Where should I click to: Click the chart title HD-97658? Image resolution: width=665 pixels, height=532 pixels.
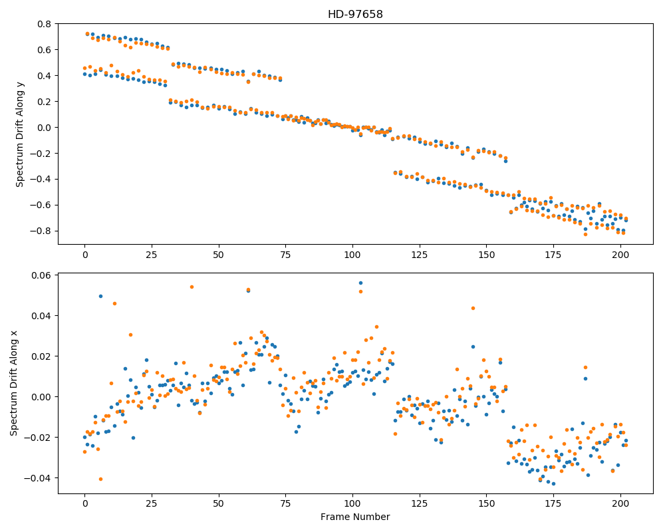tap(355, 15)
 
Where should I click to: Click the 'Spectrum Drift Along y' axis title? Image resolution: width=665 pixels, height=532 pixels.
tap(19, 134)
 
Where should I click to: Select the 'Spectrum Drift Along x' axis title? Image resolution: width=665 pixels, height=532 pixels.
tap(14, 383)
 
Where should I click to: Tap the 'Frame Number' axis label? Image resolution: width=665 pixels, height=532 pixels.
tap(355, 517)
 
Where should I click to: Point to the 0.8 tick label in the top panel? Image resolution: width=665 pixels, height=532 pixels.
tap(45, 24)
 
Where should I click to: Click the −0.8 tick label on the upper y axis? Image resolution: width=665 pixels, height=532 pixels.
tap(41, 231)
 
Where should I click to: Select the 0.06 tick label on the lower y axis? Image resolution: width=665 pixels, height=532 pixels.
tap(41, 275)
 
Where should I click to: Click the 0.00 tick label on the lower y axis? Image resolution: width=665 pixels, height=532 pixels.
tap(41, 397)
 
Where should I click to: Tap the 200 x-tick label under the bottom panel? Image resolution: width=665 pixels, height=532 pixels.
tap(620, 504)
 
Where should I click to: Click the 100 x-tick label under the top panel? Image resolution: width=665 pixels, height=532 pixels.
tap(352, 255)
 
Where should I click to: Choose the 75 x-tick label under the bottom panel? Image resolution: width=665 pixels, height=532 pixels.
tap(285, 504)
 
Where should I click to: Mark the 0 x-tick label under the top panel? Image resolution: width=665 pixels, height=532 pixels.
tap(85, 255)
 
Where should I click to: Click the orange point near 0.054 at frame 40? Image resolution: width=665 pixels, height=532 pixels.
tap(192, 287)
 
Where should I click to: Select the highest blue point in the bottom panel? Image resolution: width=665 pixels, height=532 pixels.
tap(360, 283)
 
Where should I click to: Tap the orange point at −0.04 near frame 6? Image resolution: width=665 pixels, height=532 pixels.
tap(101, 479)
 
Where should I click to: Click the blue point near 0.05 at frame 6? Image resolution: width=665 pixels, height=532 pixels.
tap(100, 296)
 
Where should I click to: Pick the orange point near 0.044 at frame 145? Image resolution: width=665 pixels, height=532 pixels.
tap(473, 308)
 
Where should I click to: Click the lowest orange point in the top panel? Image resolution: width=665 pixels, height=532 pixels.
tap(586, 234)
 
